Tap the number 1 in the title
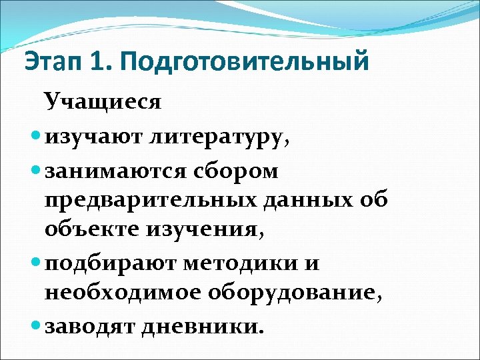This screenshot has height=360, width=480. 99,62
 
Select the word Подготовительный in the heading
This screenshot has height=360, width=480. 245,63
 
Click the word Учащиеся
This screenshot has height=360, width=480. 103,102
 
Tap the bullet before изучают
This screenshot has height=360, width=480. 36,138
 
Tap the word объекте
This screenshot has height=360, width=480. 89,230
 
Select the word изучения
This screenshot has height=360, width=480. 203,230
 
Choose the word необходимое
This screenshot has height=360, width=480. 123,293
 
